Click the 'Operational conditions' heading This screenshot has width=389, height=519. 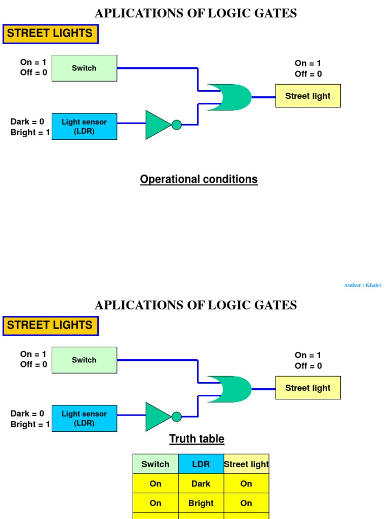pos(199,179)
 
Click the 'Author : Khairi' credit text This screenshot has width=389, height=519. pos(362,285)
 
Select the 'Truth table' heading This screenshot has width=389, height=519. pos(197,439)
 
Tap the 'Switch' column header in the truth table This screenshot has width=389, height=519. pos(155,464)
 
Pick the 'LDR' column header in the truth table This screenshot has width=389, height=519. pos(201,464)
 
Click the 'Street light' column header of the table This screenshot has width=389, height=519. pos(246,464)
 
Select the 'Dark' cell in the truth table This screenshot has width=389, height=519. pos(201,484)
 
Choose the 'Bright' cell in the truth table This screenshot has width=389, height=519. pos(201,503)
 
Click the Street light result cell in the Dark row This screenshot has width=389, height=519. pos(246,484)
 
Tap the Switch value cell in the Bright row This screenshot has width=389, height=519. pos(155,503)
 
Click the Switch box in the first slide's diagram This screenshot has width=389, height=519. pos(84,68)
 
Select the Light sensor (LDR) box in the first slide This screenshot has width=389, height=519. pos(84,126)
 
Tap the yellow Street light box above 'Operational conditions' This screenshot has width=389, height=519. pos(308,96)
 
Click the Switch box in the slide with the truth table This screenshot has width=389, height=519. pos(84,360)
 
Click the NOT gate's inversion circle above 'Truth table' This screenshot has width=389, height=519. pos(176,417)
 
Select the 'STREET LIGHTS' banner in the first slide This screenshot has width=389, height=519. pos(50,33)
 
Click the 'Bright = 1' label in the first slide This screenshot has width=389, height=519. pos(30,132)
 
